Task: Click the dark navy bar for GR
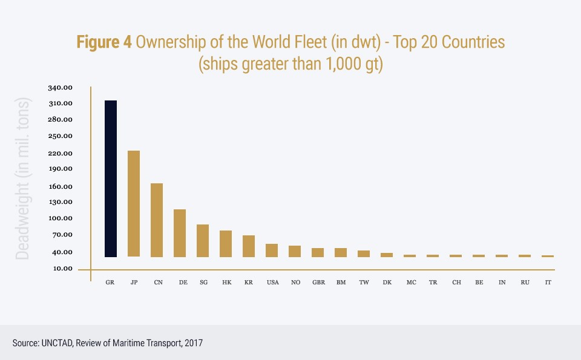point(110,178)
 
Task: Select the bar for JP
point(134,203)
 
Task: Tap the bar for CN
point(157,220)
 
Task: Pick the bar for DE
point(180,233)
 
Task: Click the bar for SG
point(203,241)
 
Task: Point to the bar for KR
point(249,246)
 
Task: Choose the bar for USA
point(272,250)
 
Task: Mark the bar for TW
point(364,254)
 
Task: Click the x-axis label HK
point(226,283)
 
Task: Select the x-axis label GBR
point(318,283)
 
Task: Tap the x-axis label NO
point(295,283)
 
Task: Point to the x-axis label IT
point(548,283)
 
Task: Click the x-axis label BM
point(341,283)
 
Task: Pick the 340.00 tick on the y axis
point(60,88)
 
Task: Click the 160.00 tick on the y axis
point(60,186)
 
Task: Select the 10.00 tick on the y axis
point(60,269)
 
